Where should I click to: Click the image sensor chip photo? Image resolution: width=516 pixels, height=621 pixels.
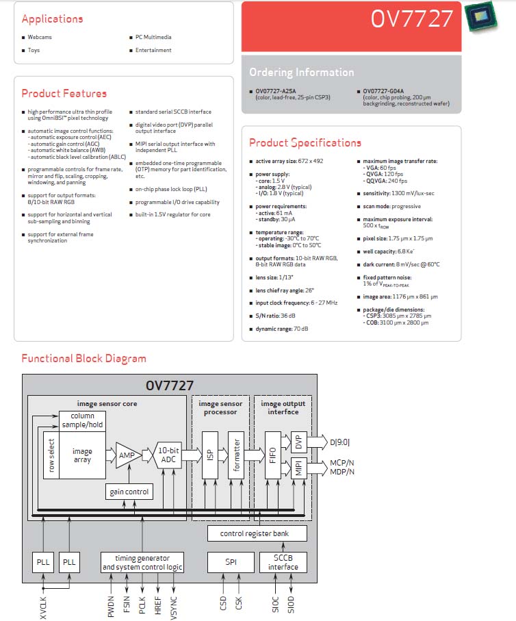point(480,16)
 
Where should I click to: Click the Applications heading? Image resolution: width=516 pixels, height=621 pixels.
point(52,19)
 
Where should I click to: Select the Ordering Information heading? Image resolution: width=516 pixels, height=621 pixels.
point(301,72)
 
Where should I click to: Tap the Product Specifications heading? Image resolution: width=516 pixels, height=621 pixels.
point(305,142)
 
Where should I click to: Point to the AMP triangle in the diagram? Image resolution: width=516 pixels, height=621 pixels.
point(128,455)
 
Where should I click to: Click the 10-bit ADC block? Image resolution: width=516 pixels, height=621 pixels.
point(168,455)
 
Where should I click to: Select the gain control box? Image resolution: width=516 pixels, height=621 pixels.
point(129,492)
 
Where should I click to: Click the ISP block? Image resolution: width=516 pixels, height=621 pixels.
point(210,455)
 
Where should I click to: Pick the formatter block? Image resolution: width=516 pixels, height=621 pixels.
point(236,455)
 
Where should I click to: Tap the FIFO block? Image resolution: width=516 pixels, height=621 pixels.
point(273,455)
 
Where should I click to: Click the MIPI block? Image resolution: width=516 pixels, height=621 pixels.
point(298,468)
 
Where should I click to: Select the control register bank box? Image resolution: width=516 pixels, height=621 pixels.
point(257,533)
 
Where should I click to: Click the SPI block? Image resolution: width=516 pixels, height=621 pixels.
point(231,562)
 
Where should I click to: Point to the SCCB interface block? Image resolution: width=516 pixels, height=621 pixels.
point(283,562)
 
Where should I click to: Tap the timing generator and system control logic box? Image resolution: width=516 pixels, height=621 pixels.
point(142,562)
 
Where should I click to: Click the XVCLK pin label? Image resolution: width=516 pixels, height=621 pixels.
point(43,607)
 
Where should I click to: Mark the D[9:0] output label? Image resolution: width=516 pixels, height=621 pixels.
point(339,442)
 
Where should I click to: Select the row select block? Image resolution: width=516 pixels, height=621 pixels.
point(51,455)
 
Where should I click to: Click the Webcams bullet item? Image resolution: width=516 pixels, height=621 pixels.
point(40,37)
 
